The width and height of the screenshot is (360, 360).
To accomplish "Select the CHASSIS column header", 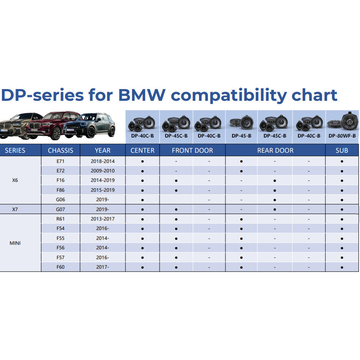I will tap(61, 150).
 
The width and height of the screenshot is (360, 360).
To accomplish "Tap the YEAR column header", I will tap(103, 150).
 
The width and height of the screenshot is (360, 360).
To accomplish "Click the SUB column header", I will tap(342, 150).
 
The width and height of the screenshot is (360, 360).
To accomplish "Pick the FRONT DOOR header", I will tap(193, 150).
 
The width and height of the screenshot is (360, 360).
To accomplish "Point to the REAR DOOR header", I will tap(275, 150).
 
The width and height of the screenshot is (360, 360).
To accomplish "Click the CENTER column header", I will tap(142, 150).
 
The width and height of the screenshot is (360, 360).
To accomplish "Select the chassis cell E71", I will tap(61, 161).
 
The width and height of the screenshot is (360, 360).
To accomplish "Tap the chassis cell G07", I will tap(61, 209).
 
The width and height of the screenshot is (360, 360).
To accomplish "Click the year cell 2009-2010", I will tap(103, 171).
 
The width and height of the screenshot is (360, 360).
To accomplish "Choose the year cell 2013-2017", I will tap(103, 219).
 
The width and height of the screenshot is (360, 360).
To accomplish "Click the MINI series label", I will tap(15, 243).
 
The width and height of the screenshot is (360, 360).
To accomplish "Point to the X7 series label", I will tap(15, 209).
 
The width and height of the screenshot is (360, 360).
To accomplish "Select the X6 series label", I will tap(15, 180).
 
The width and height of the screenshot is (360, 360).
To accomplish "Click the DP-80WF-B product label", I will tap(342, 136).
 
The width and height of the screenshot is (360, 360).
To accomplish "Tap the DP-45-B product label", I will tap(241, 136).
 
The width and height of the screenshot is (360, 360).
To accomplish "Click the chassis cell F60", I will tap(61, 267).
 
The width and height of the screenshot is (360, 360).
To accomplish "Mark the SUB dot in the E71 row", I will tap(342, 161).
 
